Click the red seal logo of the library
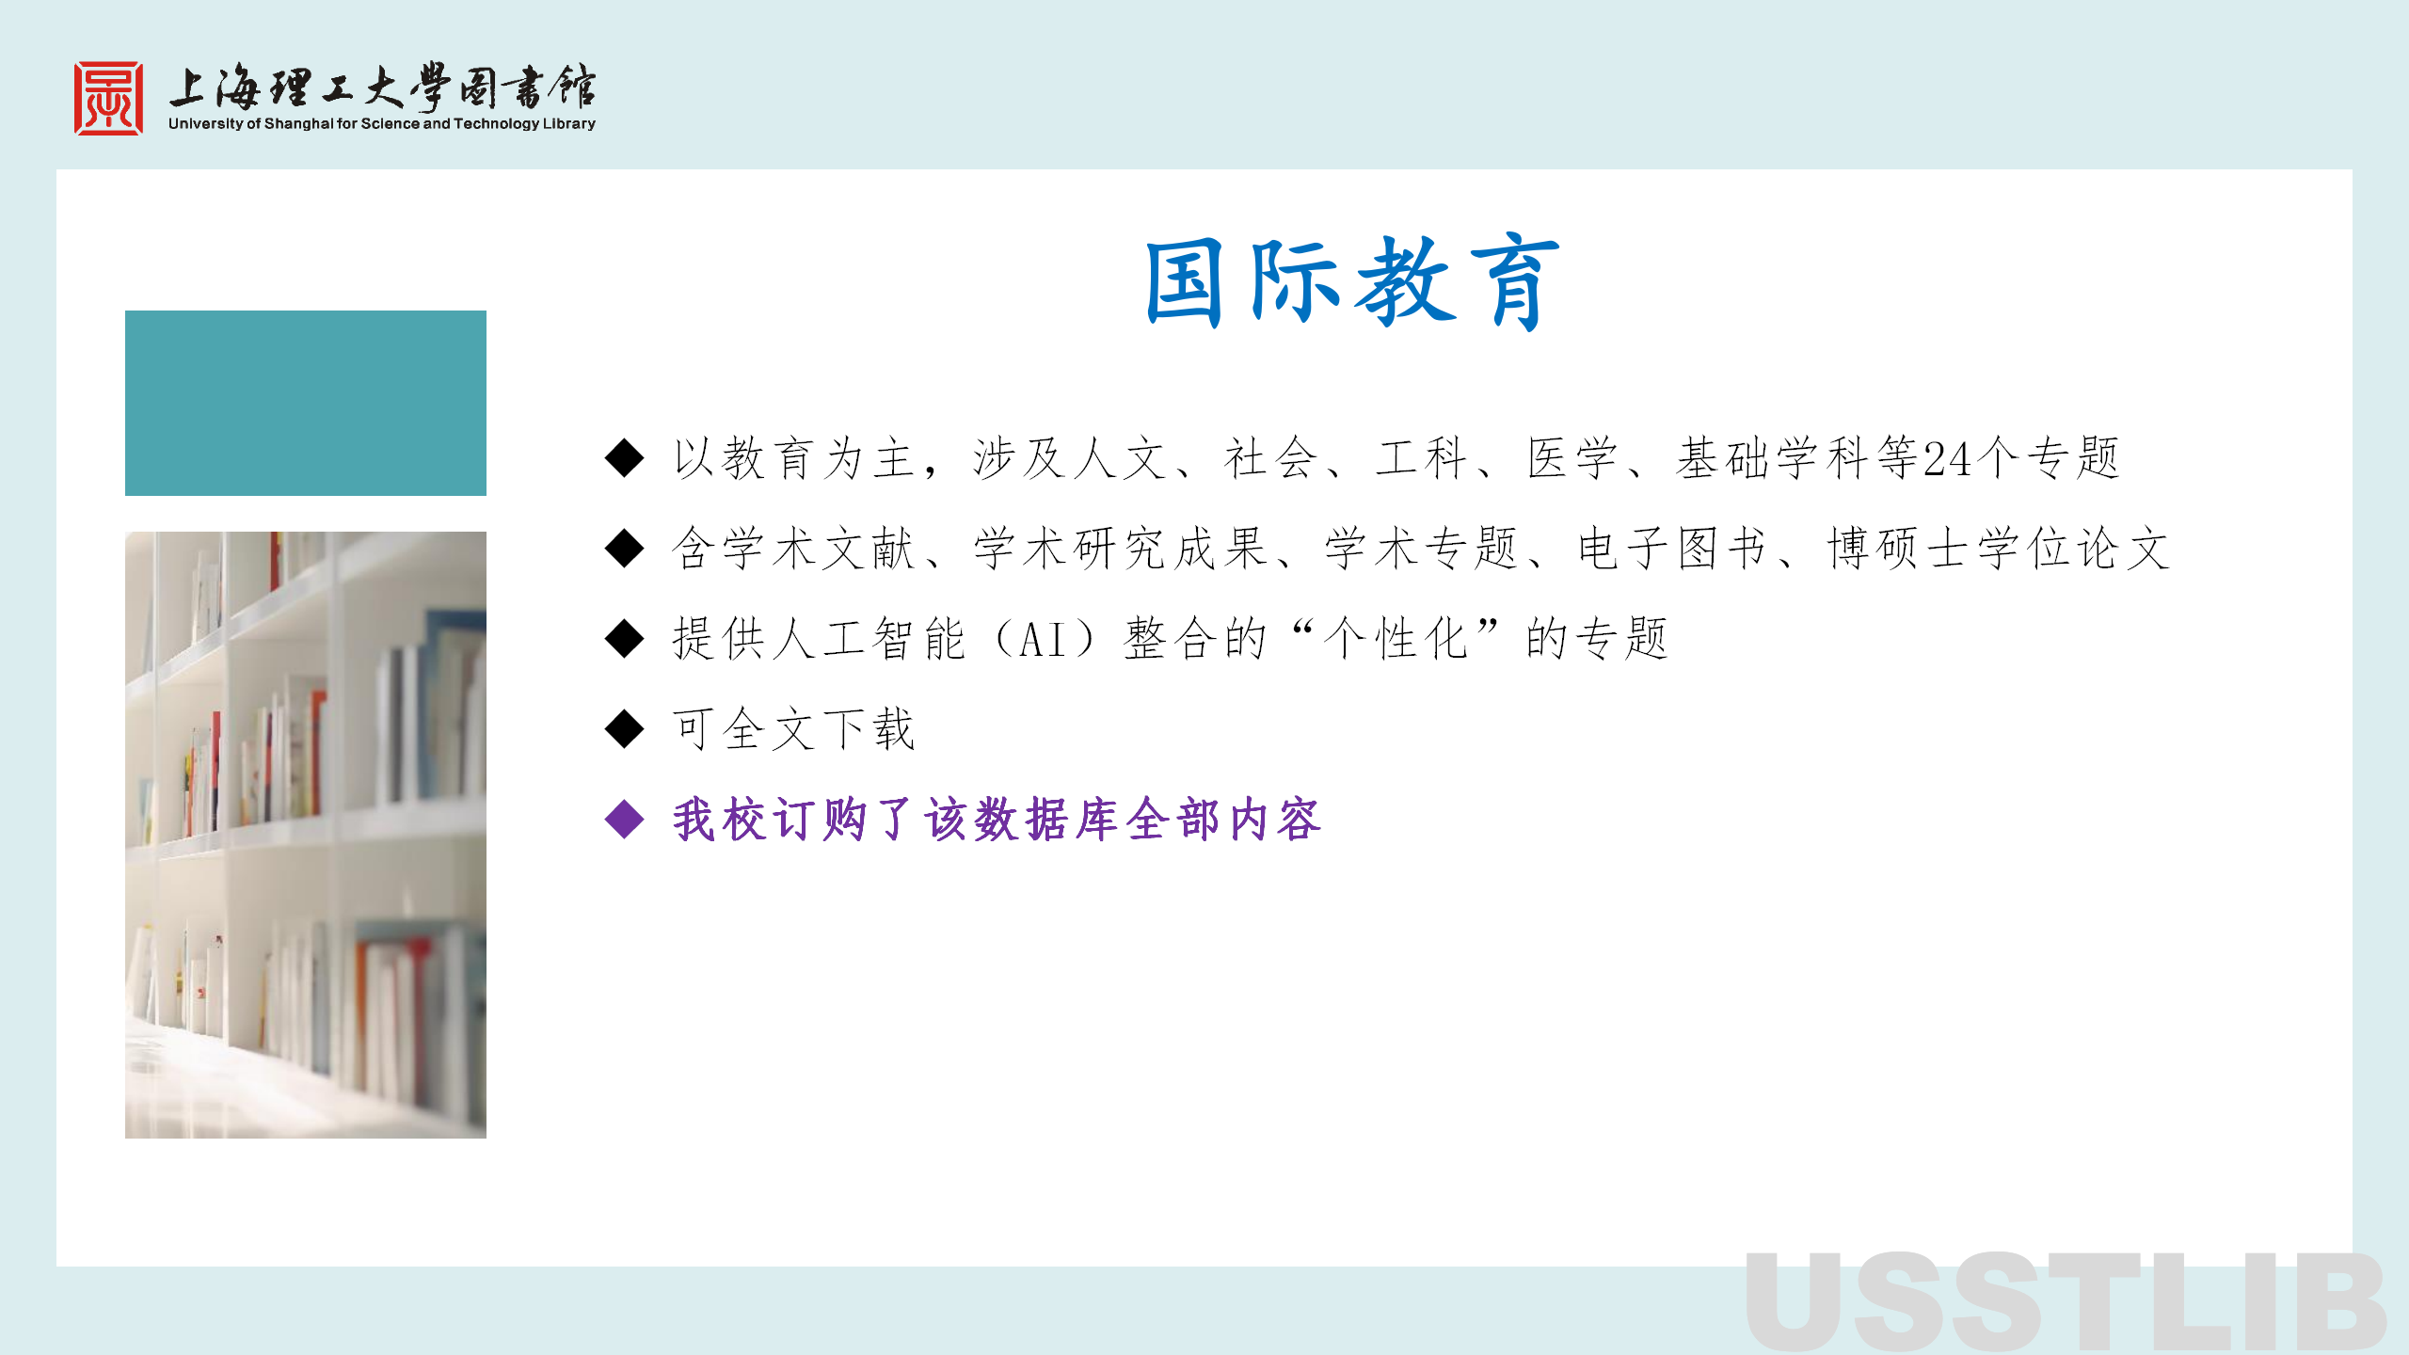point(109,99)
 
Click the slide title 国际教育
point(1352,282)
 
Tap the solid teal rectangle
point(306,403)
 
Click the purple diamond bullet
point(625,819)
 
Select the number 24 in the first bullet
point(1947,459)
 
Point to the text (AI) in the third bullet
point(1044,640)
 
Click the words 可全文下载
point(793,729)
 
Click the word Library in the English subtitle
point(569,124)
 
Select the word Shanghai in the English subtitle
point(299,124)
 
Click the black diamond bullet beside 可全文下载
point(625,728)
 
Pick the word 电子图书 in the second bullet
point(1672,549)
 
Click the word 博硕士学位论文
point(1999,549)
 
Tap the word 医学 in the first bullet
point(1572,459)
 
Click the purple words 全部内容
point(1223,820)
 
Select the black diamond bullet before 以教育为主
point(625,458)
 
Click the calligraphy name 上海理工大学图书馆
point(382,88)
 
